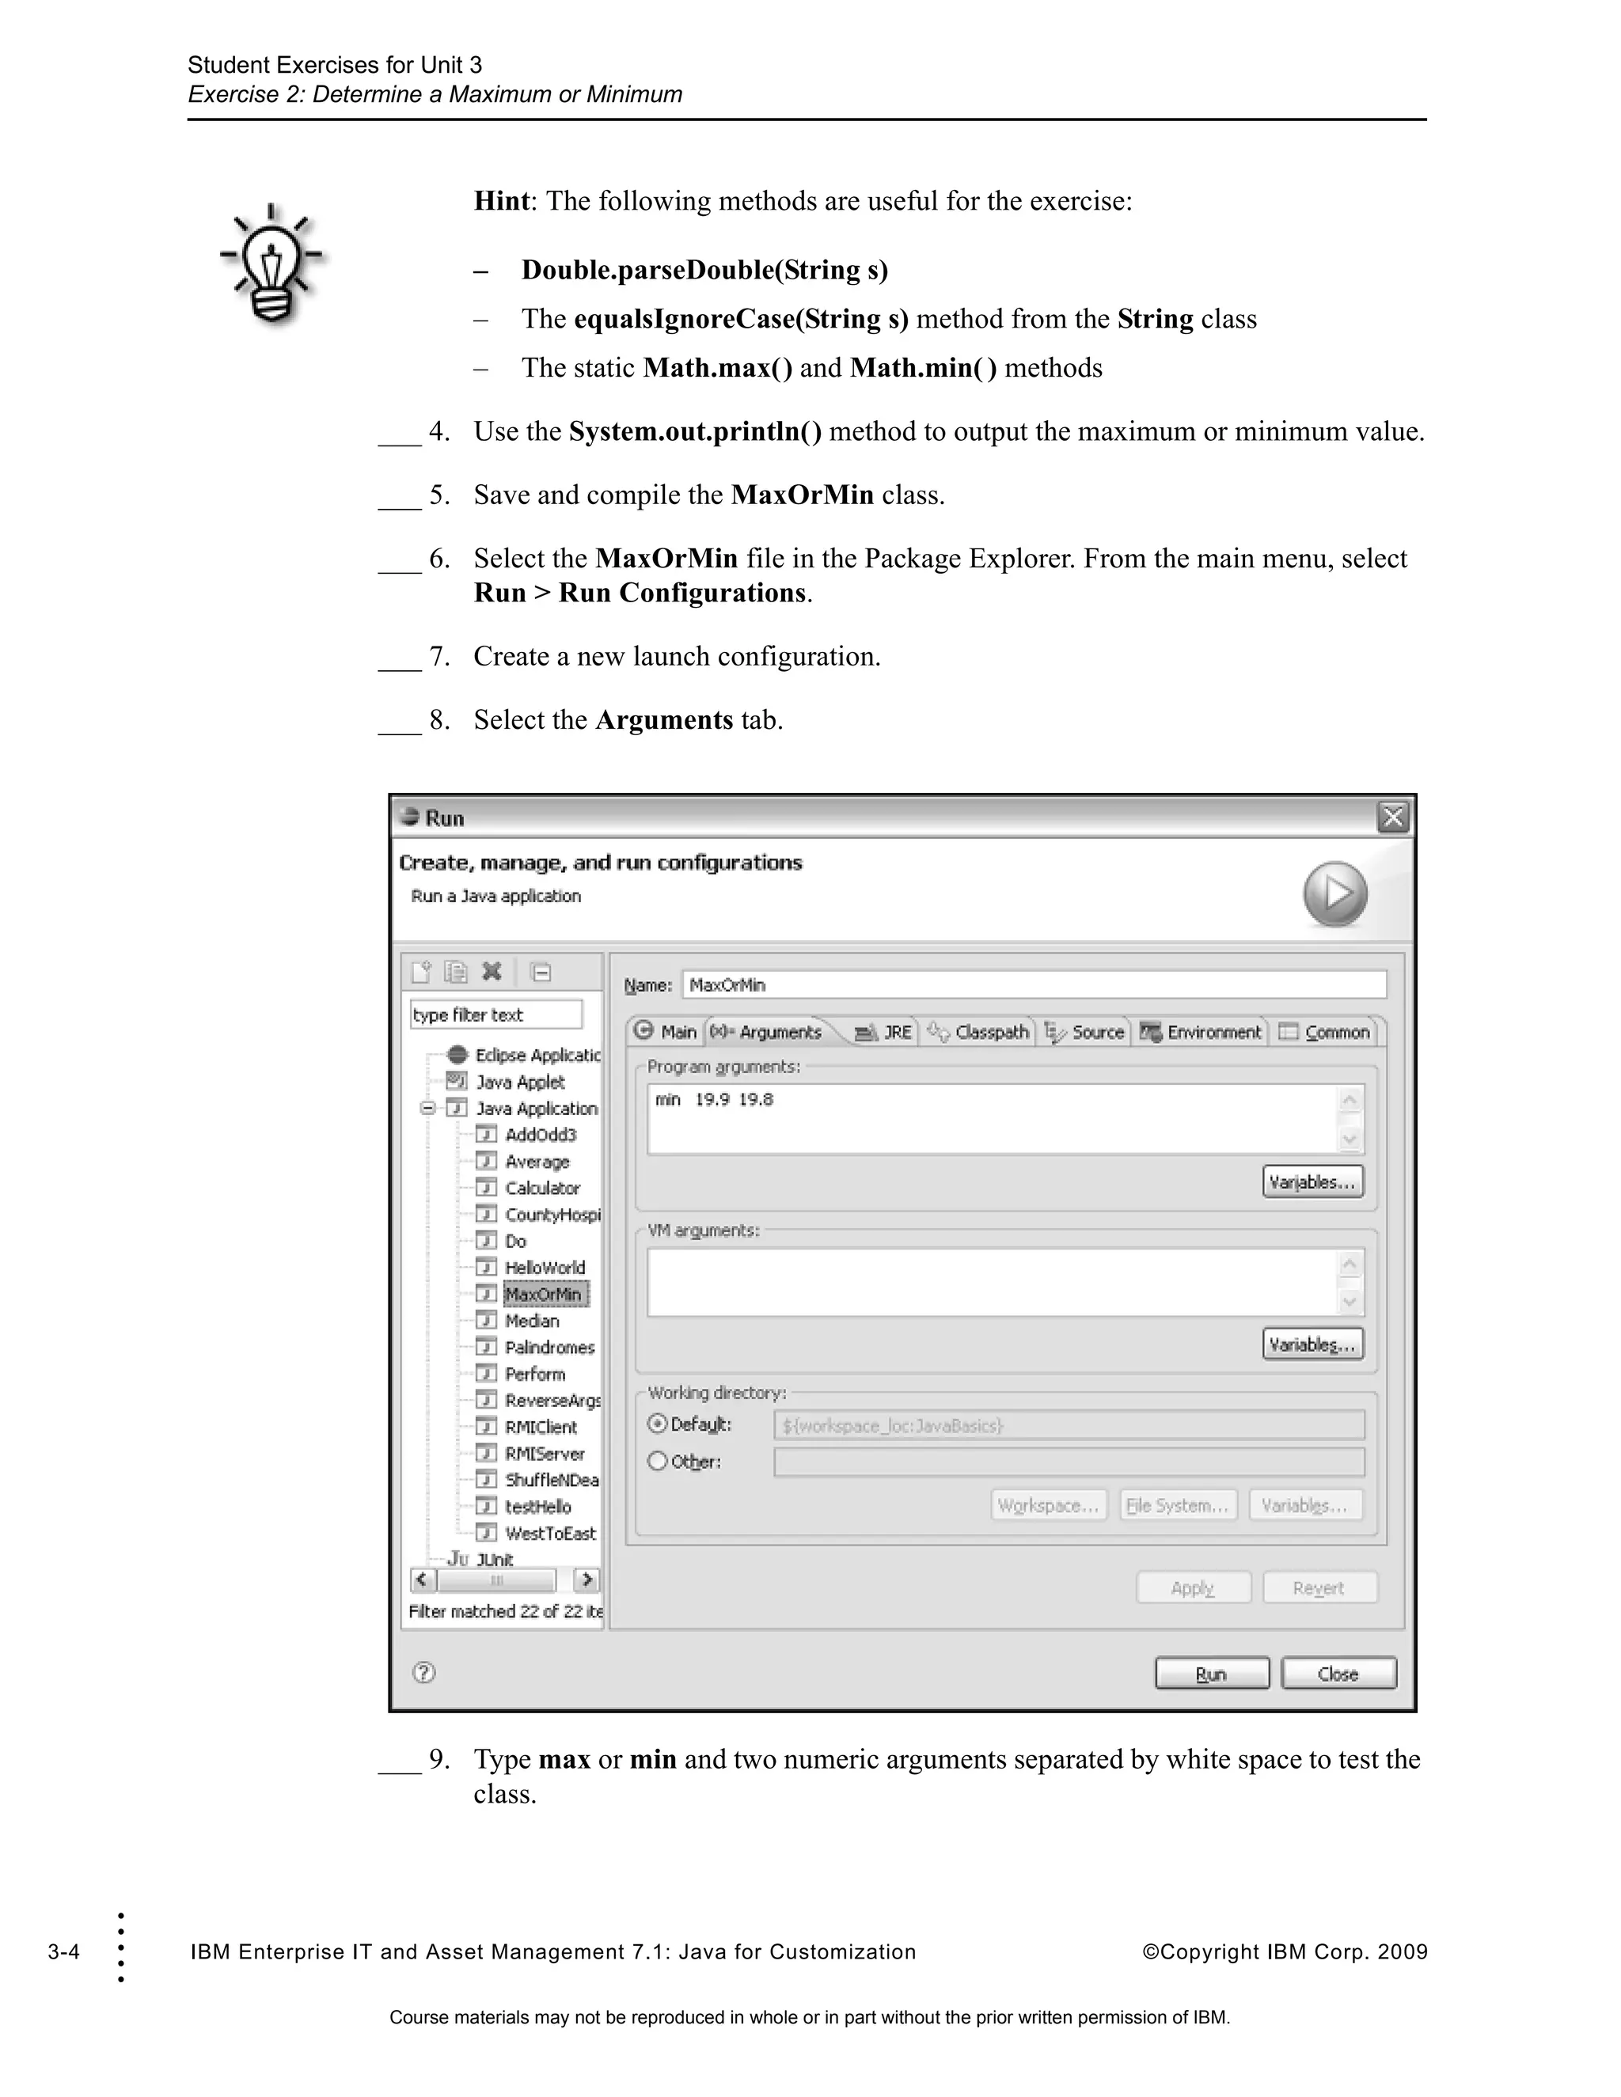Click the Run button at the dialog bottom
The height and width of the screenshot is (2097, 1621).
click(1211, 1674)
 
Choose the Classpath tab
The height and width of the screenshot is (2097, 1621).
click(980, 1032)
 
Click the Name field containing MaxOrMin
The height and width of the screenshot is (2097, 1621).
click(1033, 985)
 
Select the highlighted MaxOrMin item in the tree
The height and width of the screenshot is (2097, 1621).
click(544, 1295)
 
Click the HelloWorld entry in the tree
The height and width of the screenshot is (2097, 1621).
click(544, 1268)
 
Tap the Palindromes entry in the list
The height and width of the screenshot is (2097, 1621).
click(549, 1347)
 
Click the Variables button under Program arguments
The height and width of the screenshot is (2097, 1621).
click(1312, 1182)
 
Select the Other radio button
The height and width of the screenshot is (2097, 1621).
click(658, 1462)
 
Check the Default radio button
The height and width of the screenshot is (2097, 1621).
click(658, 1424)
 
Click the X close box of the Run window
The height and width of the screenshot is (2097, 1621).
click(1392, 818)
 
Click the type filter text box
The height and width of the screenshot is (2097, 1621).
click(495, 1015)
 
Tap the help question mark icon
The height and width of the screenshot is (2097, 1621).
click(423, 1673)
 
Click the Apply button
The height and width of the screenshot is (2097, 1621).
click(1193, 1588)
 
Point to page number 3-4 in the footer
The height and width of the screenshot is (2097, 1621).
click(63, 1952)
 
